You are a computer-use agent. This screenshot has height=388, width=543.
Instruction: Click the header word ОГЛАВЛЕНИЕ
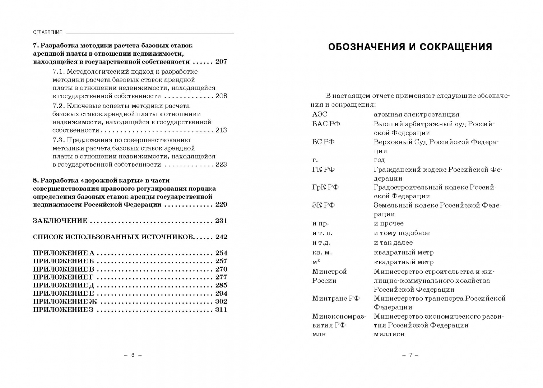tap(47, 32)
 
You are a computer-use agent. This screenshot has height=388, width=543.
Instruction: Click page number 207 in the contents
tap(221, 61)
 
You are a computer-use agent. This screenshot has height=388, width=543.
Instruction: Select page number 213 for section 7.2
tap(221, 130)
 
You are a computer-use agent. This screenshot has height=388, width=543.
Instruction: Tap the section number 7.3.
tap(59, 140)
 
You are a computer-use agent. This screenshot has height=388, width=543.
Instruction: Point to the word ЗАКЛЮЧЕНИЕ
tap(60, 221)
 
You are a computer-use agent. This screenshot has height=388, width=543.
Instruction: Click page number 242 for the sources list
tap(221, 237)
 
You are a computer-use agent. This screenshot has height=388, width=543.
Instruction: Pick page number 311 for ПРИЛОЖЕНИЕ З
tap(221, 310)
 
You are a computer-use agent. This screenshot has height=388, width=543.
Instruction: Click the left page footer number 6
tap(133, 355)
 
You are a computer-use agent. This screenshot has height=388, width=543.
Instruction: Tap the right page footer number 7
tap(410, 355)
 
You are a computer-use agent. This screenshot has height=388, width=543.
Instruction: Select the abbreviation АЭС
tap(320, 115)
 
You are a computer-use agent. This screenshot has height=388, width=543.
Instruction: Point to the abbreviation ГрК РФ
tap(325, 187)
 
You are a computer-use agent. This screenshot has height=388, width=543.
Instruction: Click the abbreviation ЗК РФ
tap(323, 205)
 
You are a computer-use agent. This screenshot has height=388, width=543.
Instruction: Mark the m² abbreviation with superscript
tap(316, 262)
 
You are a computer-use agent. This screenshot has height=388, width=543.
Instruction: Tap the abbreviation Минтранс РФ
tap(336, 298)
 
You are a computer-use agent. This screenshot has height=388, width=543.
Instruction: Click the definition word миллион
tap(389, 334)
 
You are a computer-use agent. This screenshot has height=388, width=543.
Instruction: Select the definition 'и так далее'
tap(393, 242)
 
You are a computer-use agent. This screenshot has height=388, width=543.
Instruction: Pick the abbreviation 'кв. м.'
tap(322, 252)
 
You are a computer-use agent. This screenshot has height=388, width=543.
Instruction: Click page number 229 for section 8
tap(221, 204)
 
